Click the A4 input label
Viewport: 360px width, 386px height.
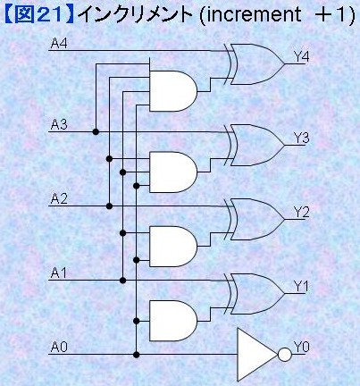coord(59,44)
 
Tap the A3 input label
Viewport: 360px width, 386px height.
coord(59,124)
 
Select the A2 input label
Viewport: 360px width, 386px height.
coord(59,198)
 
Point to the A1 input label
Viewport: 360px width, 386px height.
coord(59,273)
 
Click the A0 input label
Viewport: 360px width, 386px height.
coord(59,347)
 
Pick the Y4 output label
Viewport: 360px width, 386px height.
coord(302,56)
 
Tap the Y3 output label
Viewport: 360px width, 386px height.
coord(302,138)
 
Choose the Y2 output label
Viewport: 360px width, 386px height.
coord(302,212)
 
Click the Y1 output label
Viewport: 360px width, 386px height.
coord(302,287)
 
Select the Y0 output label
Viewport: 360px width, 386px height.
coord(302,347)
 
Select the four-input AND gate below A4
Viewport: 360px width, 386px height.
coord(173,91)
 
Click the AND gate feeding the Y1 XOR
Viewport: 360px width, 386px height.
coord(173,321)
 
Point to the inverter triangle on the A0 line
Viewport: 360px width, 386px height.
coord(257,355)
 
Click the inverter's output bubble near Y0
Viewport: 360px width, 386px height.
coord(285,355)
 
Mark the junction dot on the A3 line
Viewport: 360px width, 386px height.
coord(96,131)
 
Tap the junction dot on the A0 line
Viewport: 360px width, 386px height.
coord(137,355)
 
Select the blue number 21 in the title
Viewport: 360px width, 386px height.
coord(50,14)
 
